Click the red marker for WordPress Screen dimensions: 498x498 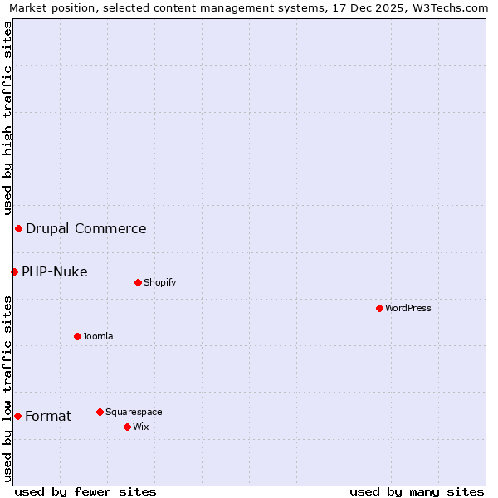coord(379,308)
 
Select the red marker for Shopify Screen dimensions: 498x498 coord(138,282)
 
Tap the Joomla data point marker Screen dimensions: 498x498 coord(77,336)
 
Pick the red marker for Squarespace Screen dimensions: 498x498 coord(100,412)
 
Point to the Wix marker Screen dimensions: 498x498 coord(127,427)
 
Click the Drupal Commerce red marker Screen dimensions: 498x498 coord(18,228)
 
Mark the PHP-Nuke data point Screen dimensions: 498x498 coord(14,271)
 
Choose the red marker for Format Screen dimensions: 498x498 coord(17,416)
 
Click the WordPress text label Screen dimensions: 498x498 coord(408,308)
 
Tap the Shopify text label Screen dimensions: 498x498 coord(160,282)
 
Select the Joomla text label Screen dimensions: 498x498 coord(98,336)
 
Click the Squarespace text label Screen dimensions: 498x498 coord(134,412)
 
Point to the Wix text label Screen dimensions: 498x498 coord(140,427)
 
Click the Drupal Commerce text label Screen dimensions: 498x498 coord(85,228)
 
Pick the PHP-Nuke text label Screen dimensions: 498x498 coord(54,271)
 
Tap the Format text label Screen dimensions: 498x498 coord(48,416)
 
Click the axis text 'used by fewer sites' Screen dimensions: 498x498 coord(85,491)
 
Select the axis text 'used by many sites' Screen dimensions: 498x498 coord(417,491)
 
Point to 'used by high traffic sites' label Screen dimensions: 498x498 coord(8,119)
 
